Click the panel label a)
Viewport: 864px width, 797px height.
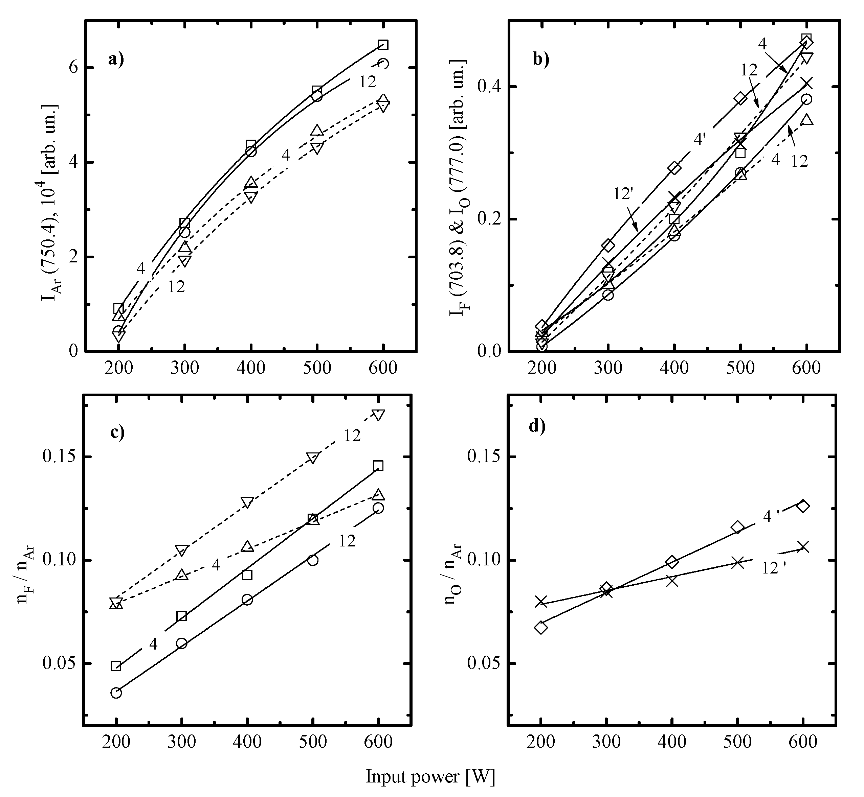coord(116,59)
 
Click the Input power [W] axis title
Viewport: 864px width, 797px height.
coord(430,775)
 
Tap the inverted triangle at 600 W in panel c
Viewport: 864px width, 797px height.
coord(378,415)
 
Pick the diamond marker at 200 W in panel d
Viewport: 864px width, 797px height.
coord(541,628)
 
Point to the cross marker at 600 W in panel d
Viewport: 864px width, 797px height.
coord(803,546)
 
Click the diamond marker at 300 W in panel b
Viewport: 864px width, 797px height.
coord(608,245)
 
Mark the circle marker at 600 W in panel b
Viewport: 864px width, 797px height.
coord(806,99)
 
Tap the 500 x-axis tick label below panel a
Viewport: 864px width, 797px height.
coord(317,368)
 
